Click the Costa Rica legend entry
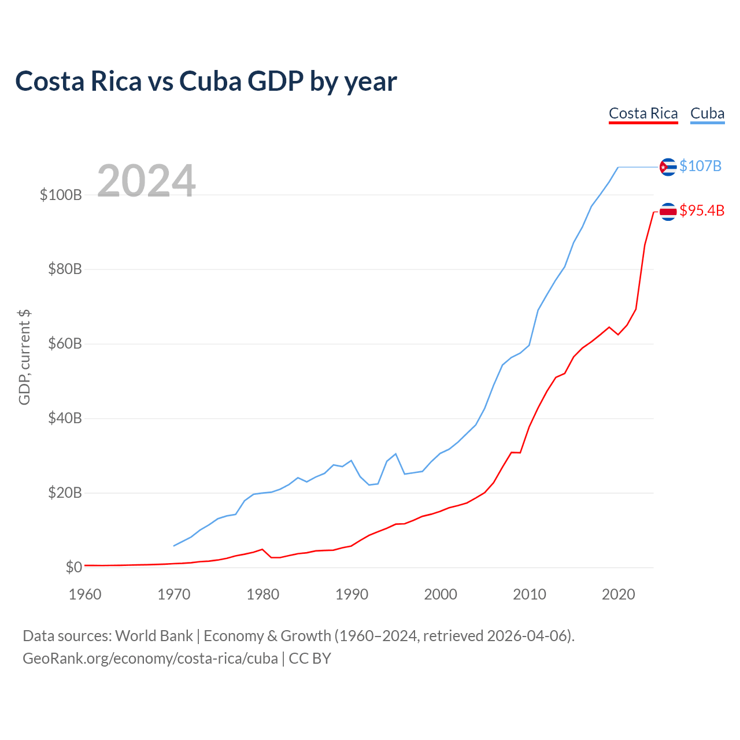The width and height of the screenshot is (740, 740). [643, 113]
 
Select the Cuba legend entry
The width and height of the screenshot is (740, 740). [707, 113]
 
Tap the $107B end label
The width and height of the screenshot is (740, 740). [700, 166]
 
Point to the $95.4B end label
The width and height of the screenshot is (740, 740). [702, 211]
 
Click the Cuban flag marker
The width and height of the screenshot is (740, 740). [668, 167]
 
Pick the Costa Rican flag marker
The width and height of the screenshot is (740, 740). [668, 212]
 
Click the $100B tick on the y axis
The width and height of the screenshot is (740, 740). [61, 195]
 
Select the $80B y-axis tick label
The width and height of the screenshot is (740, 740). [65, 269]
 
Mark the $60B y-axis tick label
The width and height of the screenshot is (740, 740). [65, 344]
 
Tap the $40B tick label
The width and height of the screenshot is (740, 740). [65, 419]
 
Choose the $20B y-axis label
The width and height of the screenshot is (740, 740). [65, 493]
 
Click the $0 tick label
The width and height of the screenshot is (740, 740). [73, 568]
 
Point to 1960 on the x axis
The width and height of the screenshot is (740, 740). [85, 594]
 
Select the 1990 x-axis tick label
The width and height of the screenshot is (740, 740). [351, 594]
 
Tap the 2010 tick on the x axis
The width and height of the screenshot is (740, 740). [530, 594]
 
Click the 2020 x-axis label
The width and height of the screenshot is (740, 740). [619, 594]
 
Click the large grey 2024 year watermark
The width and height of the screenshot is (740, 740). [146, 181]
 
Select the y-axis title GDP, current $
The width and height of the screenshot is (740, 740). [24, 357]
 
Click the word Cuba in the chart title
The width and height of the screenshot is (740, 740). [210, 82]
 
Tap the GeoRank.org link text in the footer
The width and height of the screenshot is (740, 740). [150, 658]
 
